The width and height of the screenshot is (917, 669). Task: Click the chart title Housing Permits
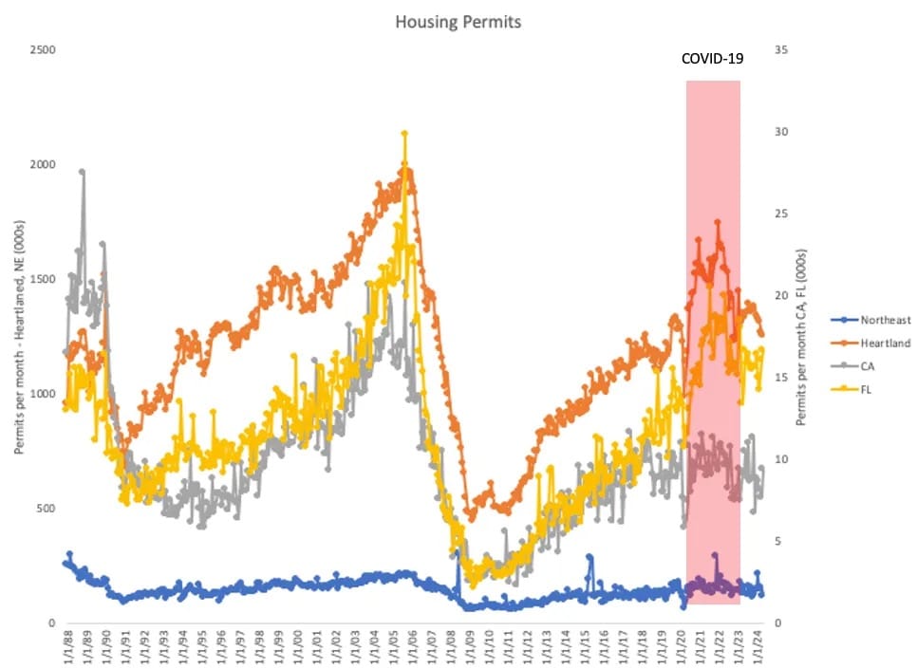(458, 22)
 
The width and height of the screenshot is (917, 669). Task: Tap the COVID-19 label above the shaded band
(712, 59)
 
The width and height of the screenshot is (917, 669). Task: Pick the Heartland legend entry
(879, 343)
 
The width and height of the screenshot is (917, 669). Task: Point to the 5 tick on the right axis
(779, 541)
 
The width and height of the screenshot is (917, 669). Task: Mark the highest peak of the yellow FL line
(404, 134)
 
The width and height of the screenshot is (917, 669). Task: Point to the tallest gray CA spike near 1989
(83, 172)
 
